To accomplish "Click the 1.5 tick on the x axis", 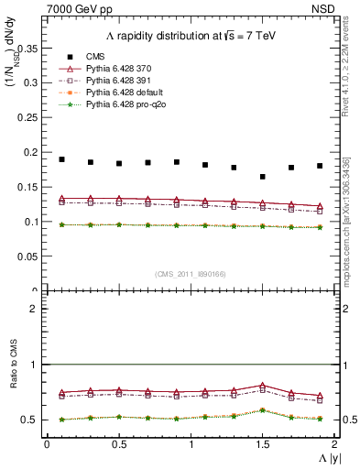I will click(x=263, y=444).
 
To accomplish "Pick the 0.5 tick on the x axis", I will click(x=119, y=444).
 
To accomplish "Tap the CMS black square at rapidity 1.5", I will click(x=263, y=177).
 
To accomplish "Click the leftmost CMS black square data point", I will click(x=61, y=159).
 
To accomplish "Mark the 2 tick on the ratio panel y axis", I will click(x=34, y=309).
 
